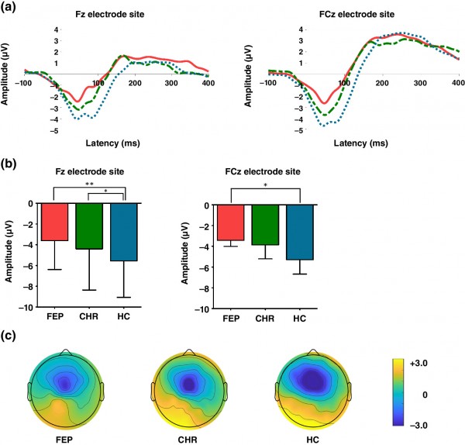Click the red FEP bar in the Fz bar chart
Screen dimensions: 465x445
(55, 222)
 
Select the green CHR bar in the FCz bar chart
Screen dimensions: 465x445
(265, 225)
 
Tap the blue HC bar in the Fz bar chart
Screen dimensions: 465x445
(124, 232)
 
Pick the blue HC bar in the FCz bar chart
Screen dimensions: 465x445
(300, 233)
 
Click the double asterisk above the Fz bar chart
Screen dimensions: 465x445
(89, 185)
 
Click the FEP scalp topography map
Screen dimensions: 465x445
(66, 389)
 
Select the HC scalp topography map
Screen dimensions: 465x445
(313, 389)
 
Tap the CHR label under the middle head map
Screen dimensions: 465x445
(188, 440)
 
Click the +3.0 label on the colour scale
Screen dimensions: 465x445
(418, 363)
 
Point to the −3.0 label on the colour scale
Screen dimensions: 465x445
(418, 426)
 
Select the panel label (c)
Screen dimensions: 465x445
(9, 336)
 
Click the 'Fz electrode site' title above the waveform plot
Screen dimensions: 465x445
(110, 14)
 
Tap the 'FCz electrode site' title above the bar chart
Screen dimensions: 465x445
(263, 171)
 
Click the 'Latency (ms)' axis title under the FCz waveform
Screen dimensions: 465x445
(361, 143)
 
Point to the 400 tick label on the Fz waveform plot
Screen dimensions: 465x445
(208, 83)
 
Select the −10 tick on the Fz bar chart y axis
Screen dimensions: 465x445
(26, 308)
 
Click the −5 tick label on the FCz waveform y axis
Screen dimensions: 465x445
(299, 131)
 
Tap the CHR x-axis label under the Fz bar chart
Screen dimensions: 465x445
(88, 316)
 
